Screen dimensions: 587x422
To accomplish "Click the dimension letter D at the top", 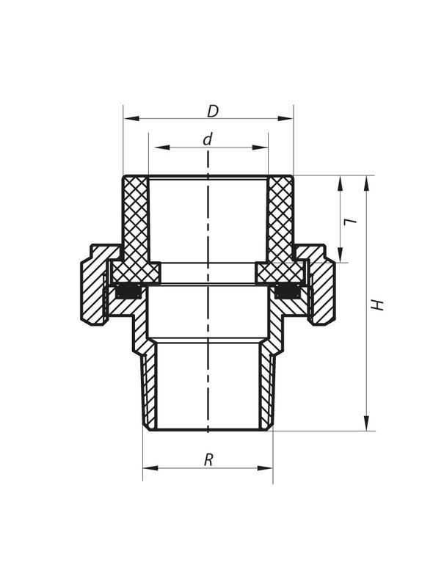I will point(213,112).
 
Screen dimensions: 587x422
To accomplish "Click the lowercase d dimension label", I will point(208,139).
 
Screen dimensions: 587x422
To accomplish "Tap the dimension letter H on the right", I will point(378,304).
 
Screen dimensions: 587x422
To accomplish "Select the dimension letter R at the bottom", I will point(208,460).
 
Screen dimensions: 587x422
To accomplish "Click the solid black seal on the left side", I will point(128,291).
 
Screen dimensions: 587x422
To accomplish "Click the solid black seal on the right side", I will point(287,291).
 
